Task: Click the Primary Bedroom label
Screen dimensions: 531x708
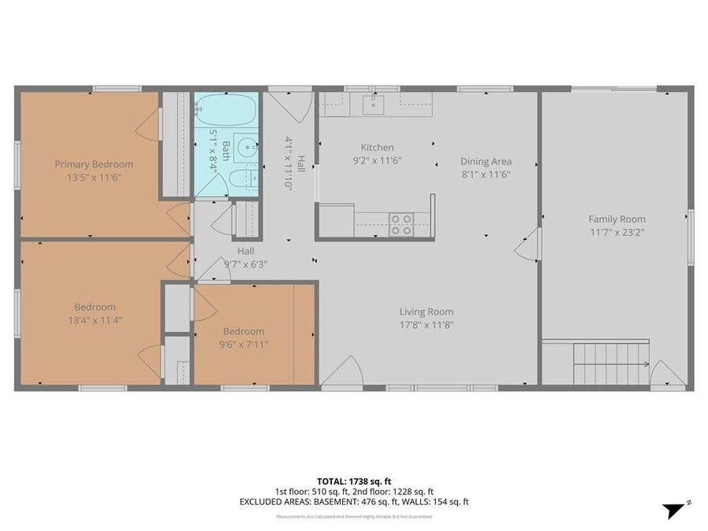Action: click(94, 164)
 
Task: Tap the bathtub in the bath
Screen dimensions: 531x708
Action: click(226, 109)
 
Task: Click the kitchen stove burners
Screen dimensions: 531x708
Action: click(401, 225)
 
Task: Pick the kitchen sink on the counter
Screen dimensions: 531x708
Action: click(373, 103)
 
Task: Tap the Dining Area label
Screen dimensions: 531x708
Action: click(485, 161)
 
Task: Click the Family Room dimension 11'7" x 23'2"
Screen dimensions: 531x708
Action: click(617, 232)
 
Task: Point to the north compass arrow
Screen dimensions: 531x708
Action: click(673, 509)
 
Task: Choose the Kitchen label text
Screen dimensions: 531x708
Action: click(377, 147)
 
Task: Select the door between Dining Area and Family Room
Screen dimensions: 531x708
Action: click(528, 244)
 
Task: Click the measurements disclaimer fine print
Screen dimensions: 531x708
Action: click(353, 517)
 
